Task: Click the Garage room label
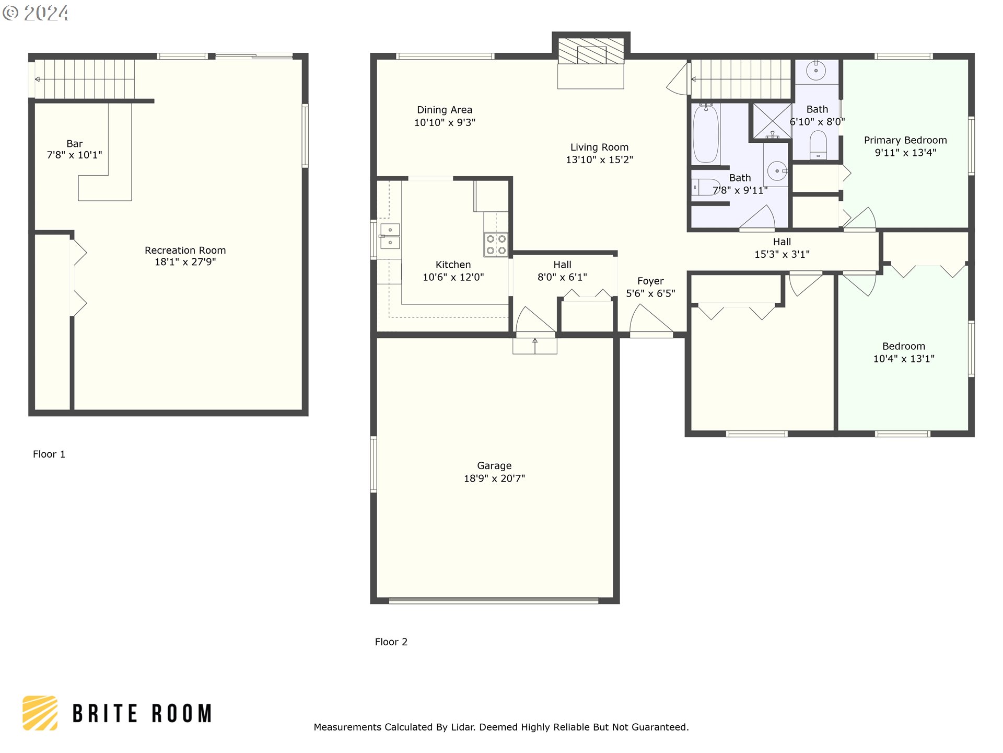tap(494, 465)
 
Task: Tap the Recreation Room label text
tap(185, 250)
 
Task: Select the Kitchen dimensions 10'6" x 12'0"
tap(453, 277)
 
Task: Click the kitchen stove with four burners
tap(496, 244)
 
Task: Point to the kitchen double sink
tap(390, 236)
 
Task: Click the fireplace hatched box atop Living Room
tap(591, 51)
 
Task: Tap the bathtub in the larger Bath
tap(706, 134)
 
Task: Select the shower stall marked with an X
tap(772, 121)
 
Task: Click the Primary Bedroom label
tap(905, 140)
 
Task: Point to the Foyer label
tap(650, 281)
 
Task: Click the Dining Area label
tap(445, 110)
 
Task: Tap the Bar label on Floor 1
tap(75, 143)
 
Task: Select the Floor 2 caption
tap(391, 642)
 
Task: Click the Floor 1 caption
tap(49, 454)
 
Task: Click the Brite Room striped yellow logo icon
tap(40, 713)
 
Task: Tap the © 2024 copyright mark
tap(36, 13)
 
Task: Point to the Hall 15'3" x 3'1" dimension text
tap(782, 254)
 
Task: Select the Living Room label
tap(599, 147)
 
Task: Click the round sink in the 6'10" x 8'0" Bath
tap(816, 70)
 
